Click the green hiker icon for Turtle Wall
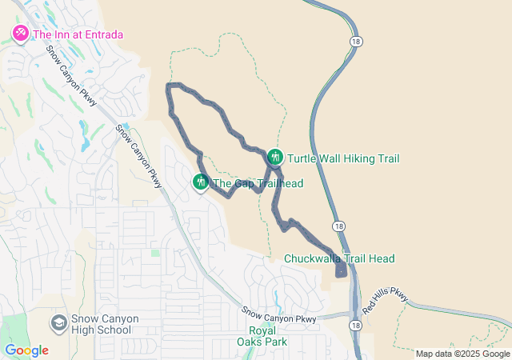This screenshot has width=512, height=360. (276, 157)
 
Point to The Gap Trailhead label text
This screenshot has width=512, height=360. (258, 184)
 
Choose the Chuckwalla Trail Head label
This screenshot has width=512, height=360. (339, 258)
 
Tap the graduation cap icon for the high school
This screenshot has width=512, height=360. (58, 322)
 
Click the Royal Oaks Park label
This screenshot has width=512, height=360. (268, 336)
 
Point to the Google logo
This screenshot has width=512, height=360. (26, 350)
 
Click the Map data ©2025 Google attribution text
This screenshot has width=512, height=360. (462, 354)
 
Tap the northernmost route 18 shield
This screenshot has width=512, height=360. (354, 39)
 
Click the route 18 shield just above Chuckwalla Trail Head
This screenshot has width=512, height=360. (340, 226)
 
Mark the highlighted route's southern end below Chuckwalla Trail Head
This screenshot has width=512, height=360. (341, 272)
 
